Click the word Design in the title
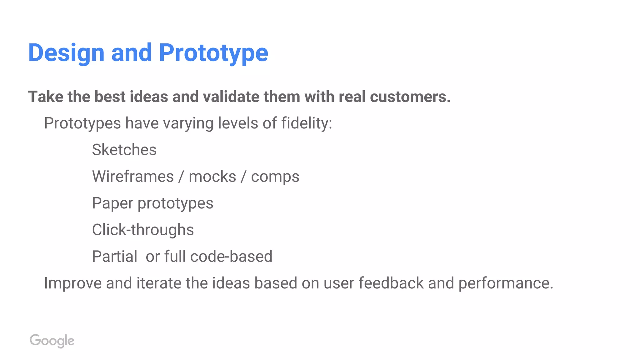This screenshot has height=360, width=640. pyautogui.click(x=66, y=53)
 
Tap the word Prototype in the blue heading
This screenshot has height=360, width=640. pyautogui.click(x=213, y=53)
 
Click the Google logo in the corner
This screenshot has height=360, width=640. pyautogui.click(x=52, y=341)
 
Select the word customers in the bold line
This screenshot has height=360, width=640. pyautogui.click(x=410, y=97)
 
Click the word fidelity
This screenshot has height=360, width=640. pyautogui.click(x=306, y=123)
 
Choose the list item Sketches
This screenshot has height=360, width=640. pyautogui.click(x=124, y=150)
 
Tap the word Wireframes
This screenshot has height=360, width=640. pyautogui.click(x=133, y=177)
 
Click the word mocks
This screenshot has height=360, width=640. pyautogui.click(x=212, y=177)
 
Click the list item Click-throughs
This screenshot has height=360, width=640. pyautogui.click(x=143, y=230)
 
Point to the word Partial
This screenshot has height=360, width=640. pyautogui.click(x=115, y=257)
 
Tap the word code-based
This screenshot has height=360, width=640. pyautogui.click(x=231, y=257)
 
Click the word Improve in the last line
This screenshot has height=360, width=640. pyautogui.click(x=72, y=283)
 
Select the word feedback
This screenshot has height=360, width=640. pyautogui.click(x=391, y=283)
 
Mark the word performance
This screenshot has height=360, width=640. pyautogui.click(x=505, y=283)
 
